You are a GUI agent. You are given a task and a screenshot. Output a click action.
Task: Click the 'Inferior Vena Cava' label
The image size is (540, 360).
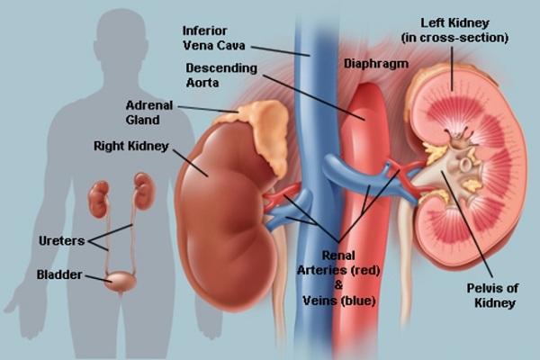(x=214, y=38)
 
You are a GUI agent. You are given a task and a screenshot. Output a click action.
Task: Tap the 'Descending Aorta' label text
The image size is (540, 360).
(x=221, y=75)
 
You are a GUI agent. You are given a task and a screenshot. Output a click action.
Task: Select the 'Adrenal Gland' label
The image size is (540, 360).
(x=149, y=112)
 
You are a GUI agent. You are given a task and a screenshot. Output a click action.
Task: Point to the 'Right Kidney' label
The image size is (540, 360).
(x=131, y=146)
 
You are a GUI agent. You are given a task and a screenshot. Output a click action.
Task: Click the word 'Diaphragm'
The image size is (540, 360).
(x=376, y=64)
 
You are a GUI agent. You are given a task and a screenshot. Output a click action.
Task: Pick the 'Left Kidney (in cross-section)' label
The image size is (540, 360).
(x=454, y=31)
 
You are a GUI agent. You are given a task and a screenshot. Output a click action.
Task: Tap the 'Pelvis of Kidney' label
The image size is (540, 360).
(x=493, y=295)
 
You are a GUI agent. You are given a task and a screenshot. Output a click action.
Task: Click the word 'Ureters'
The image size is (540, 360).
(x=61, y=240)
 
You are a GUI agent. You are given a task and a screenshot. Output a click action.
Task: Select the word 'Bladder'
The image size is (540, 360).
(x=59, y=274)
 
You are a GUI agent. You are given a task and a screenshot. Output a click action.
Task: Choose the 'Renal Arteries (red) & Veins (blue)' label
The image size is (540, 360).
(x=339, y=278)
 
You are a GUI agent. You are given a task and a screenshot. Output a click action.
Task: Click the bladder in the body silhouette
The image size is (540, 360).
(x=121, y=282)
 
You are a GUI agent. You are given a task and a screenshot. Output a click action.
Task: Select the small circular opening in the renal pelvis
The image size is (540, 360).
(x=465, y=165)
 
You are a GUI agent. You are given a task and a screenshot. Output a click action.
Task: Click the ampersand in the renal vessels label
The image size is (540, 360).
(x=339, y=285)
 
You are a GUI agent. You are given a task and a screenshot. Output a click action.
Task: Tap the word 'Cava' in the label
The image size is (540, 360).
(x=231, y=45)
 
